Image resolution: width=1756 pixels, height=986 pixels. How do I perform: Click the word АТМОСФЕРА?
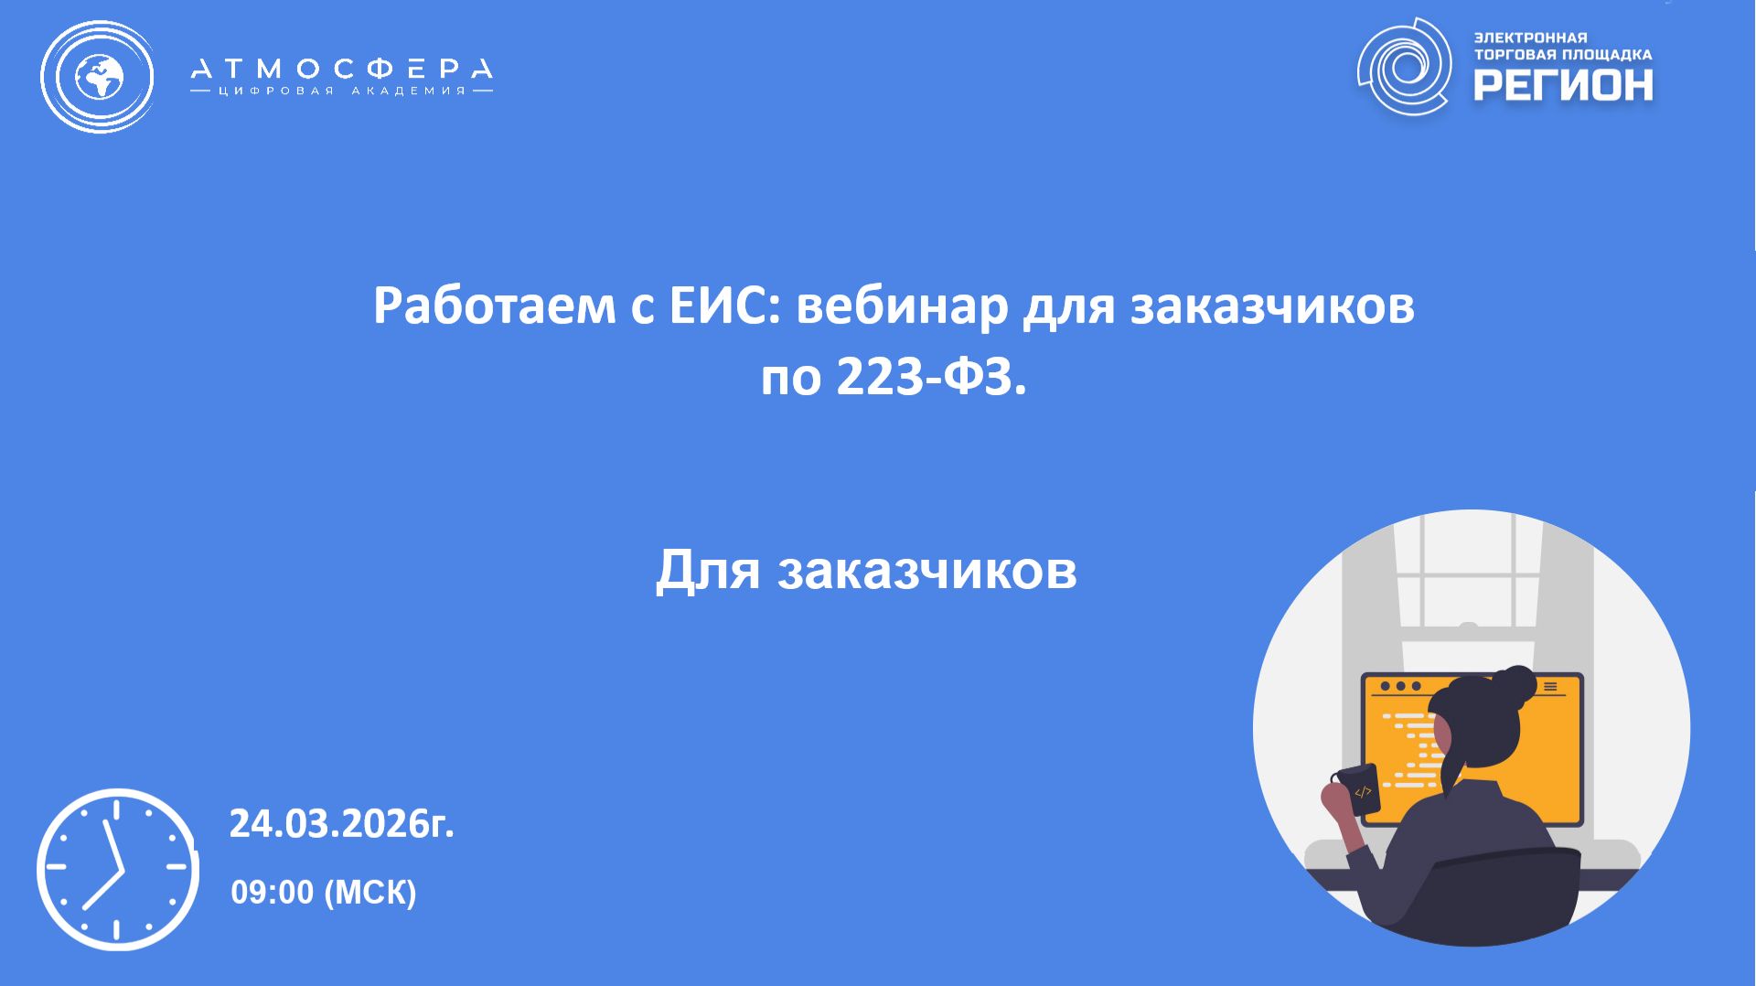[x=341, y=69]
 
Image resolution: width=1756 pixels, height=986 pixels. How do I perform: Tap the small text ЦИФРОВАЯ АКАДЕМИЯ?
[x=341, y=91]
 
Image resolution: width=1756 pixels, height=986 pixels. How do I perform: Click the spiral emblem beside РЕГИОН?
[x=1404, y=67]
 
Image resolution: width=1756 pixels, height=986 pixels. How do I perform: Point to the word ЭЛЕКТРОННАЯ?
[x=1531, y=38]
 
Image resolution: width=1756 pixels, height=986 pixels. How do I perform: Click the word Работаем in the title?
[x=494, y=306]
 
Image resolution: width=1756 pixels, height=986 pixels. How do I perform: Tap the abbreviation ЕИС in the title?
[x=723, y=306]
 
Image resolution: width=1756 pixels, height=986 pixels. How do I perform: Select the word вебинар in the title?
[x=902, y=306]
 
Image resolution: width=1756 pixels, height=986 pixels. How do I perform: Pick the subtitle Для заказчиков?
[x=866, y=570]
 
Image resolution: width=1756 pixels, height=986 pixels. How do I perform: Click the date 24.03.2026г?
[x=341, y=823]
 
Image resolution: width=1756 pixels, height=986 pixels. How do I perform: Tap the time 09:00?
[x=272, y=892]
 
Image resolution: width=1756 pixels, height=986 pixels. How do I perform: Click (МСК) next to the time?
[x=370, y=892]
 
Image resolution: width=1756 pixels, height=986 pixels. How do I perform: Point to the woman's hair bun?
[x=1513, y=683]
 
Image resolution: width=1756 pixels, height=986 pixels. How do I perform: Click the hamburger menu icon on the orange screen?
[x=1550, y=686]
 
